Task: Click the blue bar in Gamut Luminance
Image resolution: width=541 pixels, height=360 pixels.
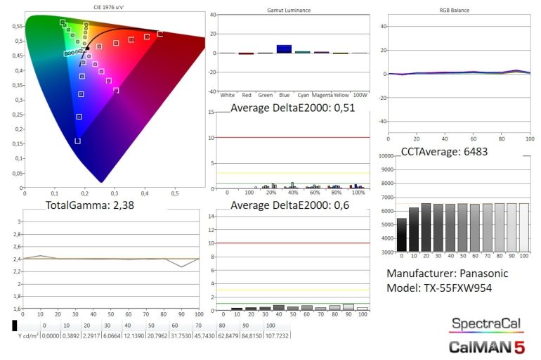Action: tap(284, 49)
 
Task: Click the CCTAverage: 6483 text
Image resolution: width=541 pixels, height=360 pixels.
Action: tap(444, 151)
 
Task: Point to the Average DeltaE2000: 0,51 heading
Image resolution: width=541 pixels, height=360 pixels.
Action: tap(292, 108)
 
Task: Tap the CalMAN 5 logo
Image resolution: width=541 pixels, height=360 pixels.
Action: tap(486, 346)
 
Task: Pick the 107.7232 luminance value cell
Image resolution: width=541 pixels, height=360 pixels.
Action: tap(276, 335)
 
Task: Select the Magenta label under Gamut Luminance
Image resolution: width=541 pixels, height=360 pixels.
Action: tap(321, 94)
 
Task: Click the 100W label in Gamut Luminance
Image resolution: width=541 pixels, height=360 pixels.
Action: tap(360, 94)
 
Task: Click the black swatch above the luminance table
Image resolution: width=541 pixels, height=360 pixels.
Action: tap(15, 326)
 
